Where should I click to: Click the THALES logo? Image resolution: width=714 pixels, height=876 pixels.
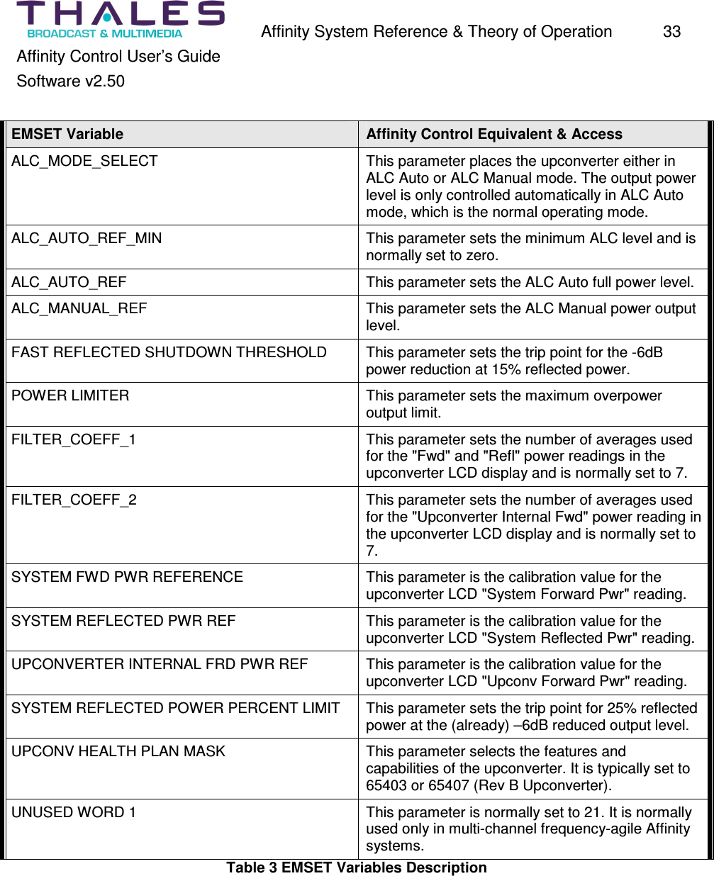click(120, 19)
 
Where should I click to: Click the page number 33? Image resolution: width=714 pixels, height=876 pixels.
click(671, 32)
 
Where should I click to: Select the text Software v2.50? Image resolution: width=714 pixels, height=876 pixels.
click(70, 82)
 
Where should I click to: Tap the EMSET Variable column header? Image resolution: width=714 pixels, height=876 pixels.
click(67, 134)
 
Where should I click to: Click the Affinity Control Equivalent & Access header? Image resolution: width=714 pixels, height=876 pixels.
click(493, 134)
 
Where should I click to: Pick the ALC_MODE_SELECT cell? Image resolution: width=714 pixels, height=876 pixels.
click(84, 161)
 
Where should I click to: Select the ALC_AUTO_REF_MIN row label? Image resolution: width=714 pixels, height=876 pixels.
click(87, 238)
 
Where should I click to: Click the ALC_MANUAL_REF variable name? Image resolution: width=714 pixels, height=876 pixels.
click(79, 308)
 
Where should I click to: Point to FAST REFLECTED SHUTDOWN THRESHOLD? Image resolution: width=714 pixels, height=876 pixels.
click(169, 352)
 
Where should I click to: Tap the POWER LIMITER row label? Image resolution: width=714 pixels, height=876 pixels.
click(70, 395)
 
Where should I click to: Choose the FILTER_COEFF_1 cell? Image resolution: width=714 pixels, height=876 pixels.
click(74, 439)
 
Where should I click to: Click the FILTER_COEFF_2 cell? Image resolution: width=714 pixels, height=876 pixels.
click(74, 500)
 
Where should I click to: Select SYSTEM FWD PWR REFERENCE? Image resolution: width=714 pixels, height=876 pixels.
click(127, 577)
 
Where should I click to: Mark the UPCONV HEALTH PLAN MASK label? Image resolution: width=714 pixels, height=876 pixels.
click(118, 751)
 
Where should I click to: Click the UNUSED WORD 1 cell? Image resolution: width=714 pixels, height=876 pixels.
click(74, 812)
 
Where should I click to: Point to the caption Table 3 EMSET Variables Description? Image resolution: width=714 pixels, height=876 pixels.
click(357, 867)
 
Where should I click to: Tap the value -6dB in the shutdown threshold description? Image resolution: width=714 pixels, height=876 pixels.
click(647, 352)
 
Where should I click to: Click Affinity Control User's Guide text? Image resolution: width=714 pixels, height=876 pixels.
click(118, 57)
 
